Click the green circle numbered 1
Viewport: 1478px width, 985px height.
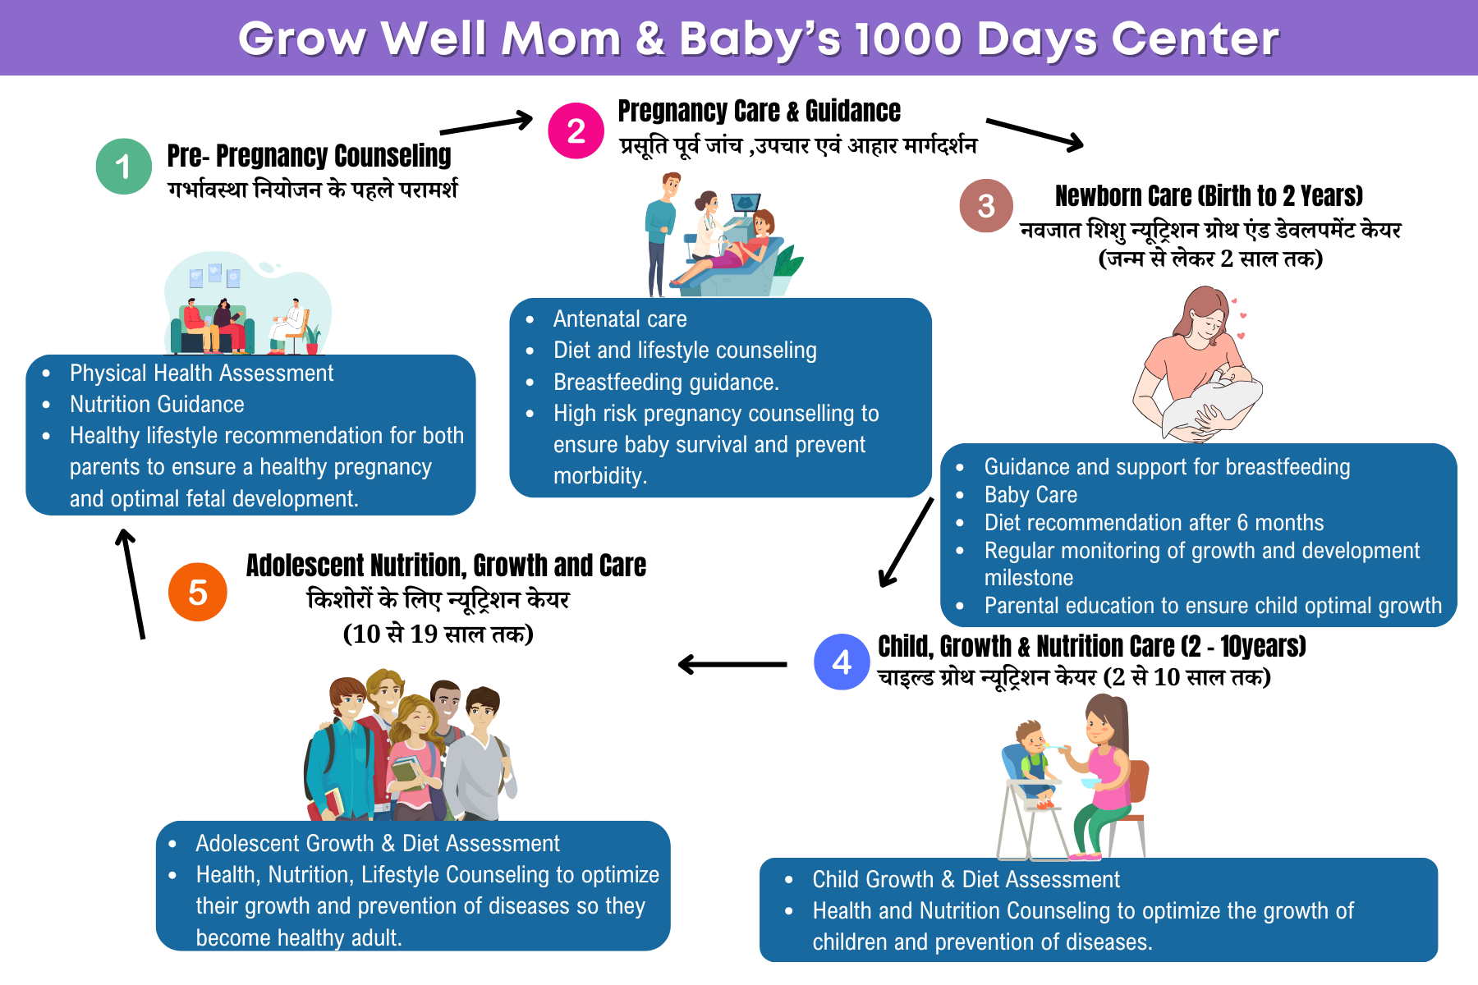click(x=124, y=167)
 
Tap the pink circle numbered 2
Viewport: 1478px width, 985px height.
click(x=576, y=131)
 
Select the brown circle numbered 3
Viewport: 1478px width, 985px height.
click(x=986, y=206)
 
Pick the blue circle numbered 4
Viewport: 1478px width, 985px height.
click(x=842, y=662)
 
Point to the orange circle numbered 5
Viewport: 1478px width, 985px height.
click(x=198, y=592)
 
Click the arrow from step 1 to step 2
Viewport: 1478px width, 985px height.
click(x=487, y=125)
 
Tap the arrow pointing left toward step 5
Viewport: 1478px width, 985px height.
click(x=732, y=664)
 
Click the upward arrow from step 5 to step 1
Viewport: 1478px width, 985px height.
click(x=133, y=584)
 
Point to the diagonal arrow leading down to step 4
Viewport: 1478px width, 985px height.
click(x=907, y=543)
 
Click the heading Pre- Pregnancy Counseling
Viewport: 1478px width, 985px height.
click(x=309, y=155)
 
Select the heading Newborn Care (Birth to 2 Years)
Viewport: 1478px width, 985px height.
click(x=1209, y=196)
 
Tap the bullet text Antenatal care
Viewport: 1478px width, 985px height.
click(x=620, y=318)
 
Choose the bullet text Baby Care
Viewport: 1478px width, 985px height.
click(x=1030, y=495)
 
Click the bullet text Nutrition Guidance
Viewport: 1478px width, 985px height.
click(x=157, y=404)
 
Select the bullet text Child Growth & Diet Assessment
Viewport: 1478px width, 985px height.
click(x=966, y=879)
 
